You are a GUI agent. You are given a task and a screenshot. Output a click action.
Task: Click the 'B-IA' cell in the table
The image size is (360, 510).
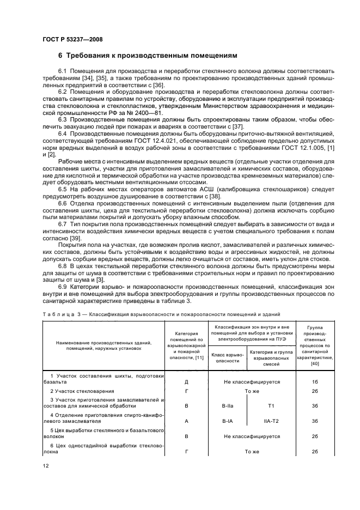point(227,421)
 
